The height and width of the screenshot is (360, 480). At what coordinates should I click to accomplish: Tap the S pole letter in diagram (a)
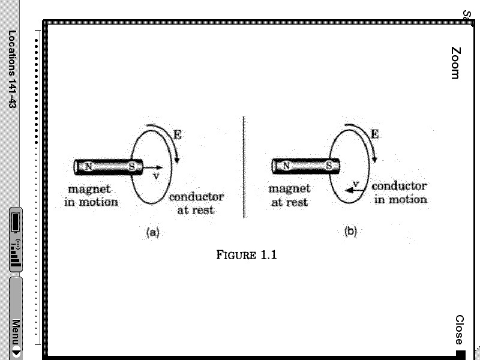(131, 166)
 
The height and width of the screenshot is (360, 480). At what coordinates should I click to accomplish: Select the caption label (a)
(153, 232)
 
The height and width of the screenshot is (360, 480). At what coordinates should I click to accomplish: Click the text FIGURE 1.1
(246, 255)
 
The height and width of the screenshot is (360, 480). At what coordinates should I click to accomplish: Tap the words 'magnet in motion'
(91, 196)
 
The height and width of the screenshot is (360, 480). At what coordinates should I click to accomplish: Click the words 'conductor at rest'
(196, 203)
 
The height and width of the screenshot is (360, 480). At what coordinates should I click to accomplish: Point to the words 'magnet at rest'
(289, 196)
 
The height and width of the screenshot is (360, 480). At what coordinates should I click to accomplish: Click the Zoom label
(455, 63)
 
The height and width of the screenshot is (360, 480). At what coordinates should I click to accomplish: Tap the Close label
(459, 329)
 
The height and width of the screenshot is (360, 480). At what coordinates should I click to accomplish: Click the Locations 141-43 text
(12, 69)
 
